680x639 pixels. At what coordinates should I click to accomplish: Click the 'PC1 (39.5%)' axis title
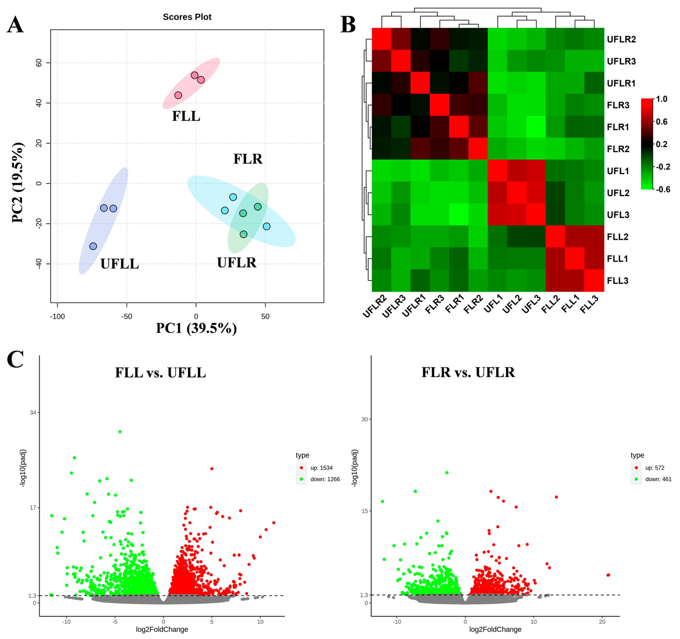196,328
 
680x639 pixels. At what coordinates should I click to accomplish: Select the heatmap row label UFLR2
621,39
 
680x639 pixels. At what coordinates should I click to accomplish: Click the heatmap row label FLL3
617,281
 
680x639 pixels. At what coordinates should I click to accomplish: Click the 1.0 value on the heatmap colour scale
662,99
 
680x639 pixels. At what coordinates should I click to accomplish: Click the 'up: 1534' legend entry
321,468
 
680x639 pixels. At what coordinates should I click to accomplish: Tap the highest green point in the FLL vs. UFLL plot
120,432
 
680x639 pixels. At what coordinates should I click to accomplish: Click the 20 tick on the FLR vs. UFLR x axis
602,622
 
